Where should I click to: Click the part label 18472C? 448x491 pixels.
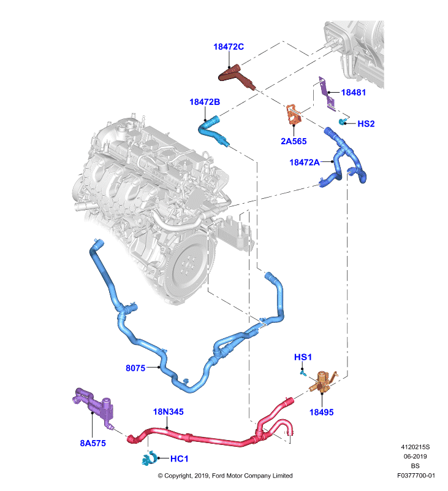(x=229, y=47)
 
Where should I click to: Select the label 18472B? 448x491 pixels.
(x=205, y=102)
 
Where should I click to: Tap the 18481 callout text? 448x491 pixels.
(x=353, y=93)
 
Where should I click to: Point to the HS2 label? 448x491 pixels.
(x=366, y=124)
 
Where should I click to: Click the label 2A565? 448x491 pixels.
(x=294, y=141)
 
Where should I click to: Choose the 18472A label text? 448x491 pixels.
(x=305, y=162)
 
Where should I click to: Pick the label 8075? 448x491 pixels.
(x=135, y=368)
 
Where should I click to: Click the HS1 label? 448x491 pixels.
(x=303, y=357)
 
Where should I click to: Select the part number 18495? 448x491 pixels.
(x=321, y=412)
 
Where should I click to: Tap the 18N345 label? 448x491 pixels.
(x=168, y=412)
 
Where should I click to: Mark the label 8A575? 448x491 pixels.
(x=93, y=443)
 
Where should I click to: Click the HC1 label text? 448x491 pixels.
(x=179, y=458)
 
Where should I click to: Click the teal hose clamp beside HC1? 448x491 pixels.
(x=150, y=458)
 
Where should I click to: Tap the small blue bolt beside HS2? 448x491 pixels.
(x=343, y=122)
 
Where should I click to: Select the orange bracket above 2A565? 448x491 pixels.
(x=294, y=115)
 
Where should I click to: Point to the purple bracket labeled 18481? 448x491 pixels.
(x=327, y=93)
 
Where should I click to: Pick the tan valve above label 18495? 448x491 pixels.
(x=322, y=381)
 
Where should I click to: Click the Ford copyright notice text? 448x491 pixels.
(x=225, y=476)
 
